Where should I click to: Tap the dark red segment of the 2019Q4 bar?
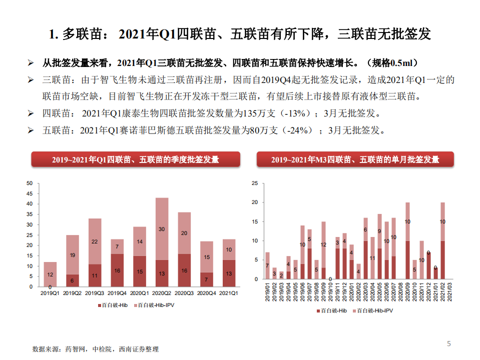117,270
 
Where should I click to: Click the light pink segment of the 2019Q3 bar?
95,241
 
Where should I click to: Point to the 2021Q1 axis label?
229,292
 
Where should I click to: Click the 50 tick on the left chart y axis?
30,183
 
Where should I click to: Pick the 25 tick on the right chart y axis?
255,183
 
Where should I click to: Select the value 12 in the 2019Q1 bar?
50,274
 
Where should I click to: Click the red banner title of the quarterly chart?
136,160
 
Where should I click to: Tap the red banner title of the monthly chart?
355,160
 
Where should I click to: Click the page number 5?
449,343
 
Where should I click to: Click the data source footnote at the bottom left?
95,348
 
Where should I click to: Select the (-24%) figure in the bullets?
296,130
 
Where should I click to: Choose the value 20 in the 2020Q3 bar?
184,233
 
